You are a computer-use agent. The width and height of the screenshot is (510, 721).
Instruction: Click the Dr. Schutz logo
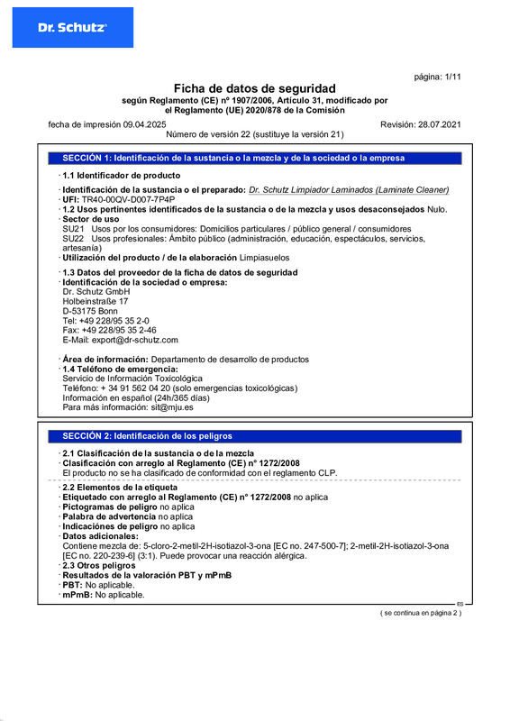72,28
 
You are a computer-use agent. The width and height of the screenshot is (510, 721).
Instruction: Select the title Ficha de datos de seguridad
254,88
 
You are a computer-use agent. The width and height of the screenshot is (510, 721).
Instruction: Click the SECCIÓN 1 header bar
255,158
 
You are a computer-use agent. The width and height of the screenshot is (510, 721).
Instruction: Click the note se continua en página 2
420,613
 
